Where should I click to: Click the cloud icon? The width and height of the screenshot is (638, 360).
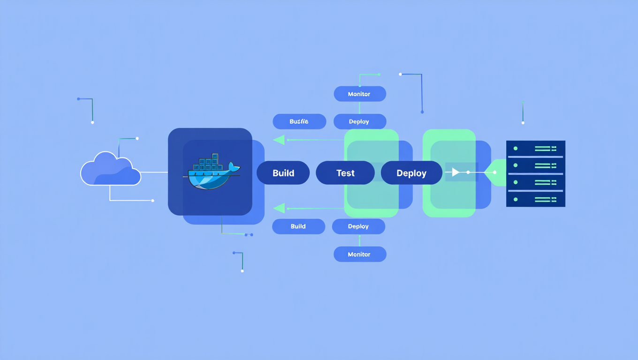[x=110, y=169]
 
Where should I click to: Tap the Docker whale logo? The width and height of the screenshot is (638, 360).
[x=212, y=174]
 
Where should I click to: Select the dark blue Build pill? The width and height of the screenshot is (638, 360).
[x=283, y=173]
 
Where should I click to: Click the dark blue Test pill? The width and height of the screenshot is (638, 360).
[x=345, y=173]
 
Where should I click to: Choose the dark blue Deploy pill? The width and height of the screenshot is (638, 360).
[x=411, y=173]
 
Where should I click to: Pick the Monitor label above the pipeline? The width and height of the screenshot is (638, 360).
[x=359, y=94]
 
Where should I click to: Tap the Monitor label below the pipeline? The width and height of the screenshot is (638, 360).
[x=359, y=254]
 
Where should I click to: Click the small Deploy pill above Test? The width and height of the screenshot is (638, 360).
[x=359, y=121]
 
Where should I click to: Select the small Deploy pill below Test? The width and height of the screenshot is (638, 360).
[x=358, y=226]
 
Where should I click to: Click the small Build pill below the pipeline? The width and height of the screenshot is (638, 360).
[x=298, y=226]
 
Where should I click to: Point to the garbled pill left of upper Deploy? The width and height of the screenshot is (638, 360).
[x=299, y=121]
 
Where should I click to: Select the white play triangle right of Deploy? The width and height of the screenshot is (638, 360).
[x=455, y=172]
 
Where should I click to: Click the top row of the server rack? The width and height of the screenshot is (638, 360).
[x=536, y=149]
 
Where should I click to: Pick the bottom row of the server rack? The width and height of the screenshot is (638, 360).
[x=536, y=199]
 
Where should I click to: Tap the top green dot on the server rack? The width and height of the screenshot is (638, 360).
[x=516, y=149]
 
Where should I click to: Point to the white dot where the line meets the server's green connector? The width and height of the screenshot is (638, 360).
[x=494, y=172]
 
